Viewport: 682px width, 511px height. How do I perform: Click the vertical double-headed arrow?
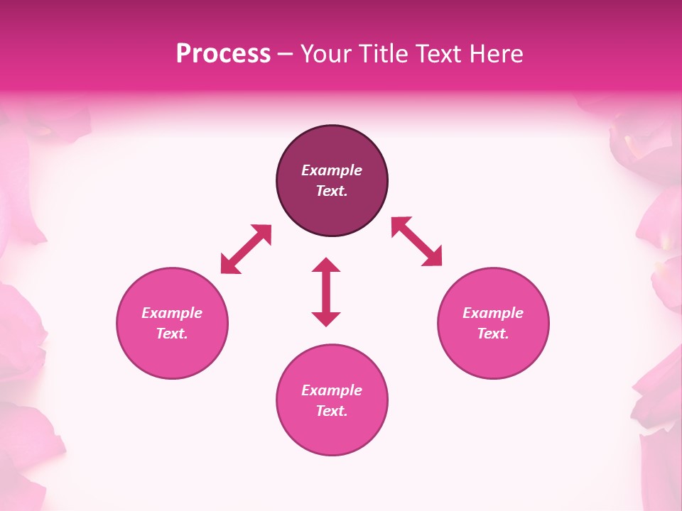pyautogui.click(x=326, y=292)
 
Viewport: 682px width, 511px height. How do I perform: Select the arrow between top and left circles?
pyautogui.click(x=246, y=249)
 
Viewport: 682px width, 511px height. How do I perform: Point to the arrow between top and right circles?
pyautogui.click(x=416, y=241)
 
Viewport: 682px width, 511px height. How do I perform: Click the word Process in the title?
pyautogui.click(x=223, y=53)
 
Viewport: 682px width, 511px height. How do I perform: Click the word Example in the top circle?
pyautogui.click(x=332, y=170)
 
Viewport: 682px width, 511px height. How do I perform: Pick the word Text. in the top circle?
pyautogui.click(x=332, y=191)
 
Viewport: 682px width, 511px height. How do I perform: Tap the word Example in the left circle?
pyautogui.click(x=172, y=313)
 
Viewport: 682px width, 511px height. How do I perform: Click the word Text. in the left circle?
pyautogui.click(x=172, y=334)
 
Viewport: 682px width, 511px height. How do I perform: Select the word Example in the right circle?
pyautogui.click(x=493, y=313)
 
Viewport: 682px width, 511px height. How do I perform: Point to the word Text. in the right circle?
pyautogui.click(x=493, y=334)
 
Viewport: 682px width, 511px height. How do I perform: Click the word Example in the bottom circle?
pyautogui.click(x=332, y=390)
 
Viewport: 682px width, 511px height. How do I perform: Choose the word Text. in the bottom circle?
pyautogui.click(x=332, y=411)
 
